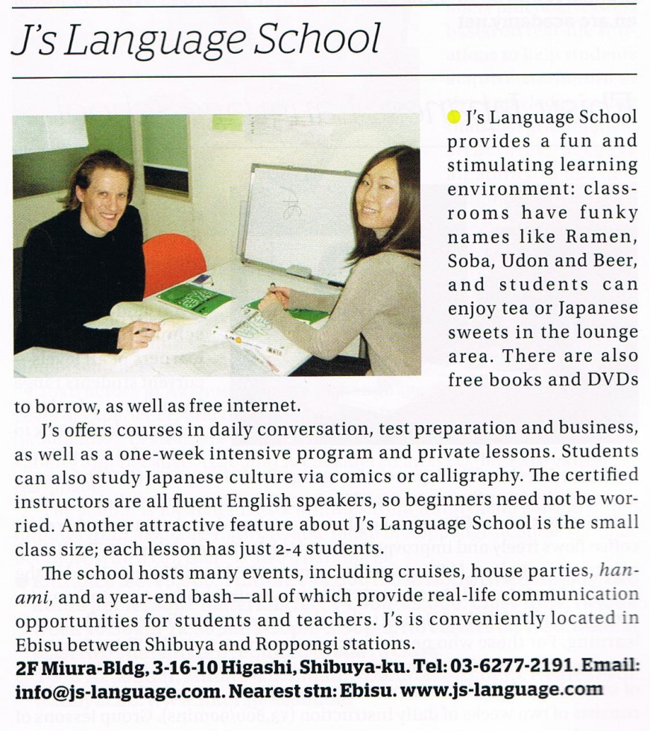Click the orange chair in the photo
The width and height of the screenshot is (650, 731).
pos(173,257)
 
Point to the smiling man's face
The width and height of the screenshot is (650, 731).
pos(104,192)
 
